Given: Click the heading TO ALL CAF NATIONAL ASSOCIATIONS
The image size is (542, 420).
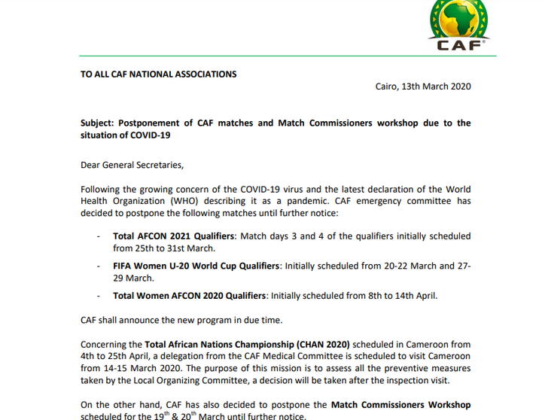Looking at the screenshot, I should pos(159,75).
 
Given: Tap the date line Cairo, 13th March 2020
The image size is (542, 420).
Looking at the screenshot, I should pos(423,87).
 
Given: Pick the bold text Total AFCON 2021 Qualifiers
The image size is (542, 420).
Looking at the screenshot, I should pos(174,236).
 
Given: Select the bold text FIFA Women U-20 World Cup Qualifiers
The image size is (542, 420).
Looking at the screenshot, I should pos(196,266).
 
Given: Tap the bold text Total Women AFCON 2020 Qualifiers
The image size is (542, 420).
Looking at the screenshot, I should pos(190,295).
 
